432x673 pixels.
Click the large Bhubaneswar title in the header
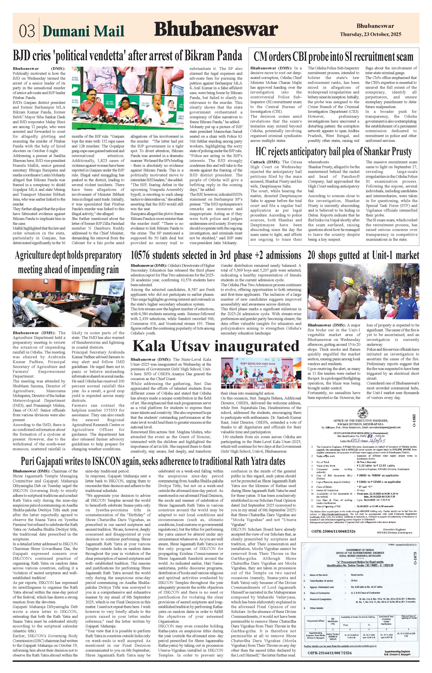(216, 29)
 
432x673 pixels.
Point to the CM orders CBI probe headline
(333, 57)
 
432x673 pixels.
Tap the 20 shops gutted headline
(363, 255)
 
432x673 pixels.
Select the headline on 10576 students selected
(216, 255)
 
